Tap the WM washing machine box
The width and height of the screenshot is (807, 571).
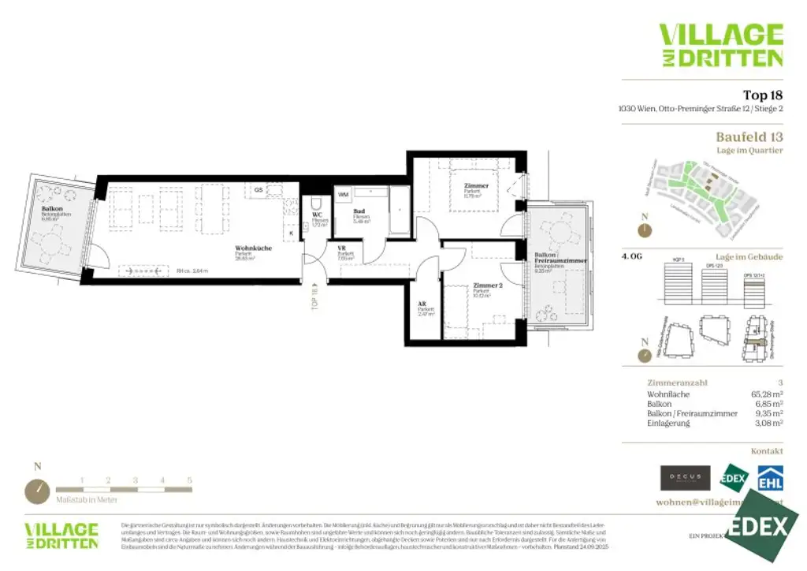pyautogui.click(x=344, y=194)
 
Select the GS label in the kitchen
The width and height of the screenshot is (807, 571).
pyautogui.click(x=258, y=190)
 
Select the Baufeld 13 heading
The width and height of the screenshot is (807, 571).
pyautogui.click(x=749, y=136)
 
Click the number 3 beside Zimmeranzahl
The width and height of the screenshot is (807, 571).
pyautogui.click(x=779, y=383)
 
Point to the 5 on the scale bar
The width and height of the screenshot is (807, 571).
pyautogui.click(x=189, y=480)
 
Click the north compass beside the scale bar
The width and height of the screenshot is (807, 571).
pyautogui.click(x=37, y=491)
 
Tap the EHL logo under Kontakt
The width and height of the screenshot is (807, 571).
pyautogui.click(x=770, y=478)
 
